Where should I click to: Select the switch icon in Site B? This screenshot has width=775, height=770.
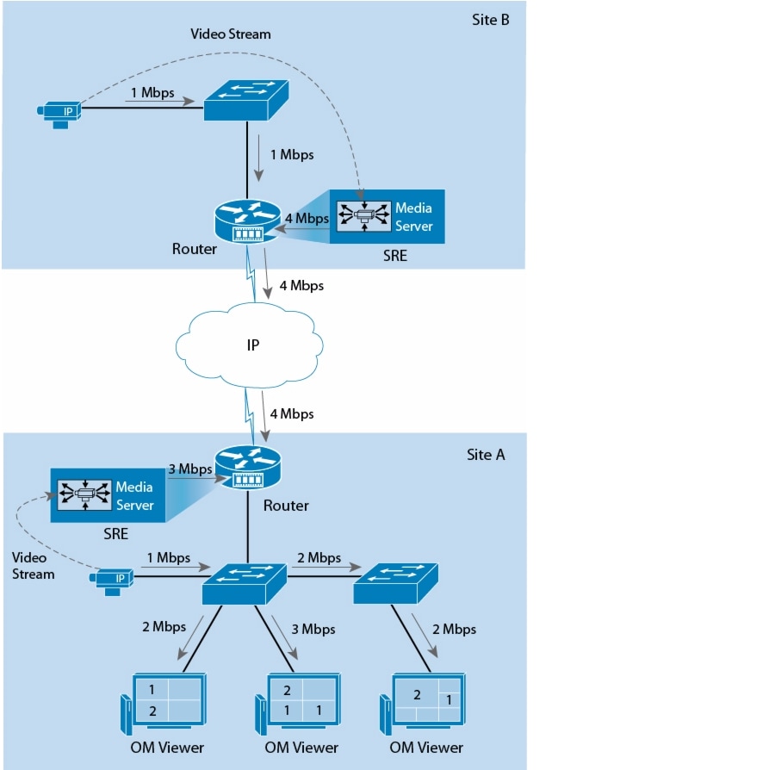tap(246, 101)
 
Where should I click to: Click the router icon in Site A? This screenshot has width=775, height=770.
tap(250, 468)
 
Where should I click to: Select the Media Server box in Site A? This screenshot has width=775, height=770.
tap(107, 495)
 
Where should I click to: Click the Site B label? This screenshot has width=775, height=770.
tap(491, 18)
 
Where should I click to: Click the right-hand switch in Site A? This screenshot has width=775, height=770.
tap(397, 582)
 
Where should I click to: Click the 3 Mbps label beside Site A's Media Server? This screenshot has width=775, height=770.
tap(189, 469)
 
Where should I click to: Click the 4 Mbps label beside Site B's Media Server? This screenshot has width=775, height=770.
tap(307, 219)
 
